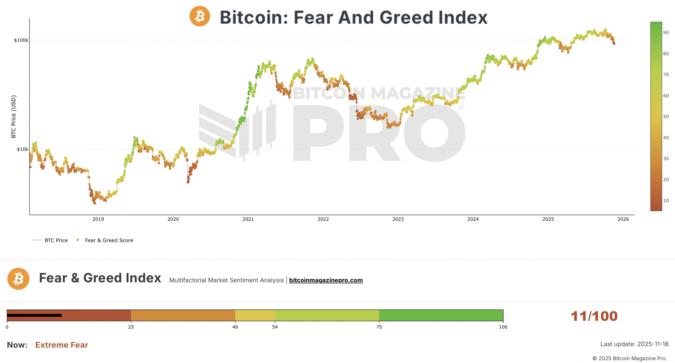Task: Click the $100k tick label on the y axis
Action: [21, 40]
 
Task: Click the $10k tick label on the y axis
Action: [22, 149]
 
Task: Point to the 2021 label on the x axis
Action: [248, 219]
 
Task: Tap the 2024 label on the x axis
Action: [473, 219]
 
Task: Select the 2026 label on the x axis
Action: [623, 219]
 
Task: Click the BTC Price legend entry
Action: [56, 240]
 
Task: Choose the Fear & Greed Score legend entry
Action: [109, 240]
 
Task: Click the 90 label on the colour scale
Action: [666, 33]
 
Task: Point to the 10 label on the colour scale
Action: [666, 201]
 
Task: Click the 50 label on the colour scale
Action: [666, 117]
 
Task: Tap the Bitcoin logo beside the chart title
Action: [200, 16]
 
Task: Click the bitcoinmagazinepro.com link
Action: [326, 280]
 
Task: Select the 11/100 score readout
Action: [594, 316]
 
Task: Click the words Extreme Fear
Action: [62, 345]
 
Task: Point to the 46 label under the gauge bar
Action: [235, 327]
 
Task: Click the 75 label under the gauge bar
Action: [379, 327]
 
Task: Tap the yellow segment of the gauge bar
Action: [255, 315]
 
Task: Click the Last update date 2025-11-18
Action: [653, 344]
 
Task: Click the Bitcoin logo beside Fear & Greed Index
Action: [18, 279]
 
